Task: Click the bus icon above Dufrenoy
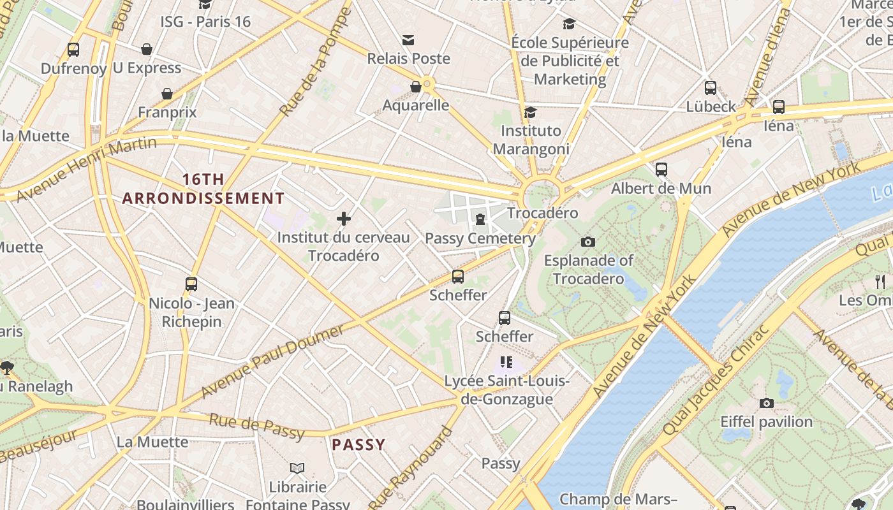coord(73,49)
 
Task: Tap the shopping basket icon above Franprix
coord(167,94)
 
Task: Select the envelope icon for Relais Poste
coord(408,40)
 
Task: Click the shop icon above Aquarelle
coord(416,87)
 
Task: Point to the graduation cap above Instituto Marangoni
coord(530,113)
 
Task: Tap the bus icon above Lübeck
coord(711,88)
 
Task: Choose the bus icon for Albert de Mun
coord(661,170)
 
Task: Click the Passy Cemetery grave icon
coord(480,220)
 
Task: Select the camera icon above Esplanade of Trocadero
coord(588,242)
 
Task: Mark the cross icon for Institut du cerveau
coord(344,219)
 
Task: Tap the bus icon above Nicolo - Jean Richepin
coord(191,284)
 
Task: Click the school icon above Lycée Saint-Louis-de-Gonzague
coord(506,362)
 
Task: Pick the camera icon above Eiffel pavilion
coord(767,403)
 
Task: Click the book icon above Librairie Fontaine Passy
coord(297,468)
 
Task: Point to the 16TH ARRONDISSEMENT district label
coord(203,189)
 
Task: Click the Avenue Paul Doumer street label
coord(273,361)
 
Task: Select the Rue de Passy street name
coord(257,426)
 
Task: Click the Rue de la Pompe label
coord(316,62)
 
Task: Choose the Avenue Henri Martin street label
coord(85,170)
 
